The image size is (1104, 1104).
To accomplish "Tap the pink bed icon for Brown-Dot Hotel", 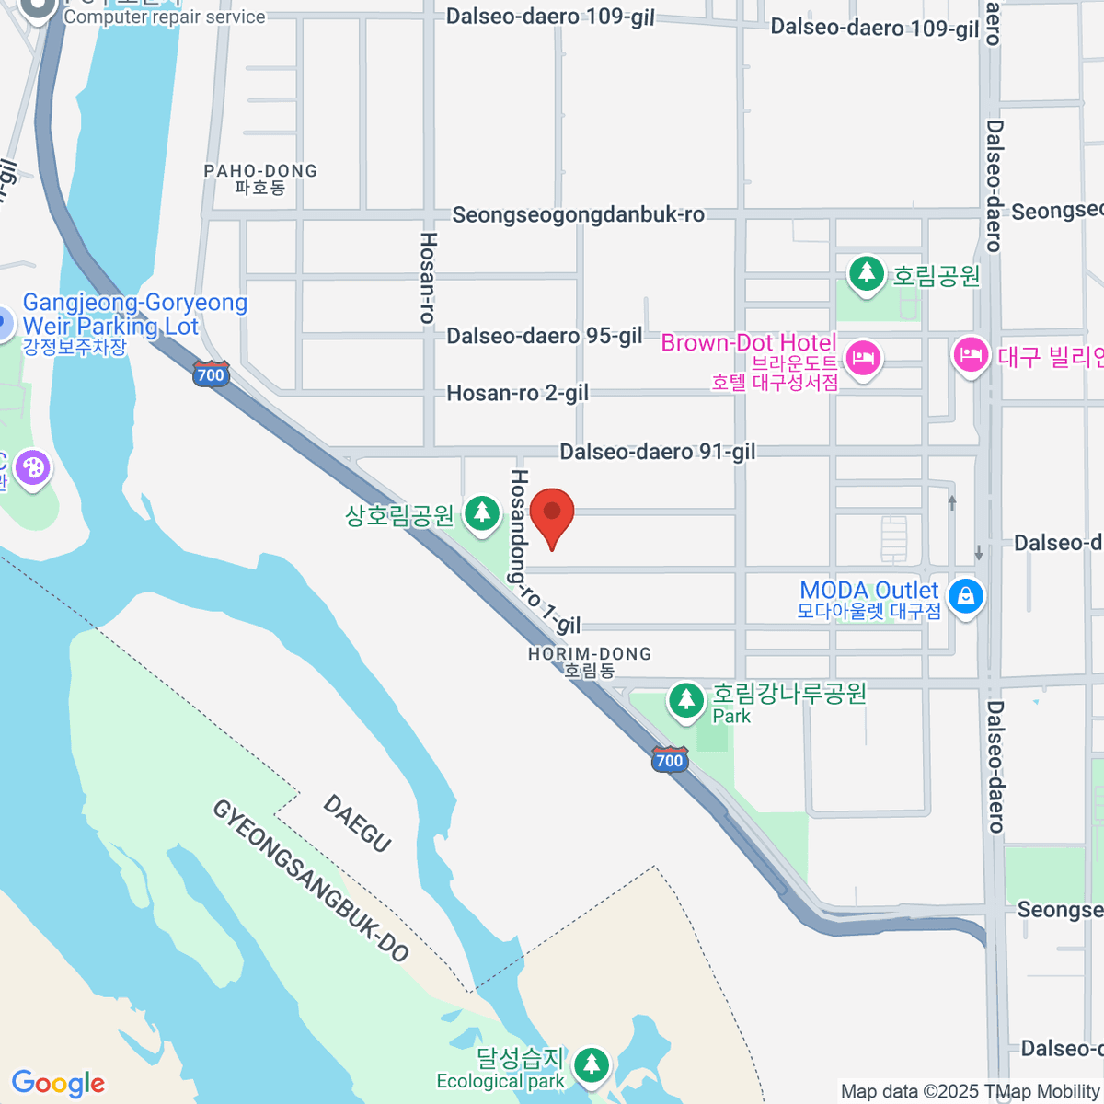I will coord(862,357).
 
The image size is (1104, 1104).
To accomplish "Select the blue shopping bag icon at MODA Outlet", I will coord(965,596).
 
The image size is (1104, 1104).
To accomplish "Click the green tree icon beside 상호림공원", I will coord(481,513).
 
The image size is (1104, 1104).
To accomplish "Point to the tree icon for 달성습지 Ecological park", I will coord(591,1064).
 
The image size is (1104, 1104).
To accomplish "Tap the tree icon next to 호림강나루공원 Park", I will coord(685,700).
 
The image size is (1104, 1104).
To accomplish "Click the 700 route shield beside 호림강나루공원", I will coord(670,760).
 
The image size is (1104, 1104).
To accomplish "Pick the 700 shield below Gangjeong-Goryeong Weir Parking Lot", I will coord(211,374).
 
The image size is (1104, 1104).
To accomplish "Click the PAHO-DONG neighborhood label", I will coord(260,178).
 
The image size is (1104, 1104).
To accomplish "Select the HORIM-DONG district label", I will coord(589,661).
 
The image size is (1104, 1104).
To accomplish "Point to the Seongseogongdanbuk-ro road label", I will coord(578,215).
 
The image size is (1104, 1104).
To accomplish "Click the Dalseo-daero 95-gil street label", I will coord(545,336).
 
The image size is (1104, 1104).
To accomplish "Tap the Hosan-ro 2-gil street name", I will coord(517,394).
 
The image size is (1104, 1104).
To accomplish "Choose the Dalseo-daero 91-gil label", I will coord(658,452).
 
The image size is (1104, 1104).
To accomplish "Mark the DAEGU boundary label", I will coord(358,823).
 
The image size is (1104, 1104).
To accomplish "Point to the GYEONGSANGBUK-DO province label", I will coord(310,880).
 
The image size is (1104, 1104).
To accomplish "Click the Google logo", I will coord(58,1084).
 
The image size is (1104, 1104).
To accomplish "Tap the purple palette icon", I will coord(33,467).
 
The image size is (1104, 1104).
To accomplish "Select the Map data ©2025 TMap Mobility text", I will coord(970,1092).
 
